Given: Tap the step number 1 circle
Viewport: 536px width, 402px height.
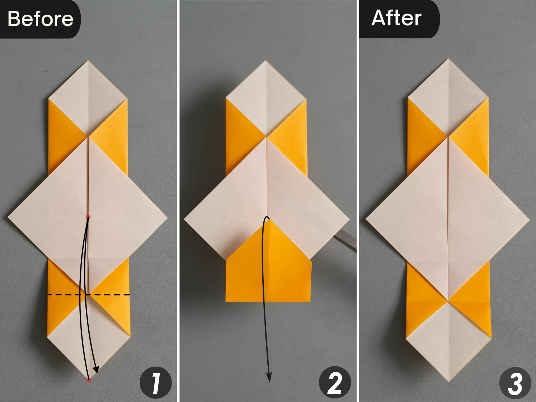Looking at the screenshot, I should pyautogui.click(x=155, y=383).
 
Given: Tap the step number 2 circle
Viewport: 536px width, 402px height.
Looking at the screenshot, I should pyautogui.click(x=335, y=383).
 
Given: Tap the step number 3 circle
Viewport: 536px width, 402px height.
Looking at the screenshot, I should pyautogui.click(x=515, y=383).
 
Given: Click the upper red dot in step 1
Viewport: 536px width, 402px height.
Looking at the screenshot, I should pyautogui.click(x=88, y=217).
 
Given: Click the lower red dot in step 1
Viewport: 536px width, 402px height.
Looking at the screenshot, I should pyautogui.click(x=89, y=380).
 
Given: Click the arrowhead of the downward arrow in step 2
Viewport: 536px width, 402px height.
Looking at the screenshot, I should pyautogui.click(x=269, y=378).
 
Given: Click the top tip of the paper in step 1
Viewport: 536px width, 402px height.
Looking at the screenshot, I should pyautogui.click(x=88, y=61).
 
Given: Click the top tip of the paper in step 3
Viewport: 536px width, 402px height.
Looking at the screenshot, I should pyautogui.click(x=448, y=59).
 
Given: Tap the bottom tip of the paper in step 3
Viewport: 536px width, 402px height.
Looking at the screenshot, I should pyautogui.click(x=448, y=381).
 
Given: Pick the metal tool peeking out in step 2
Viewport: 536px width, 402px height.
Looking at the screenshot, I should pyautogui.click(x=345, y=240).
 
